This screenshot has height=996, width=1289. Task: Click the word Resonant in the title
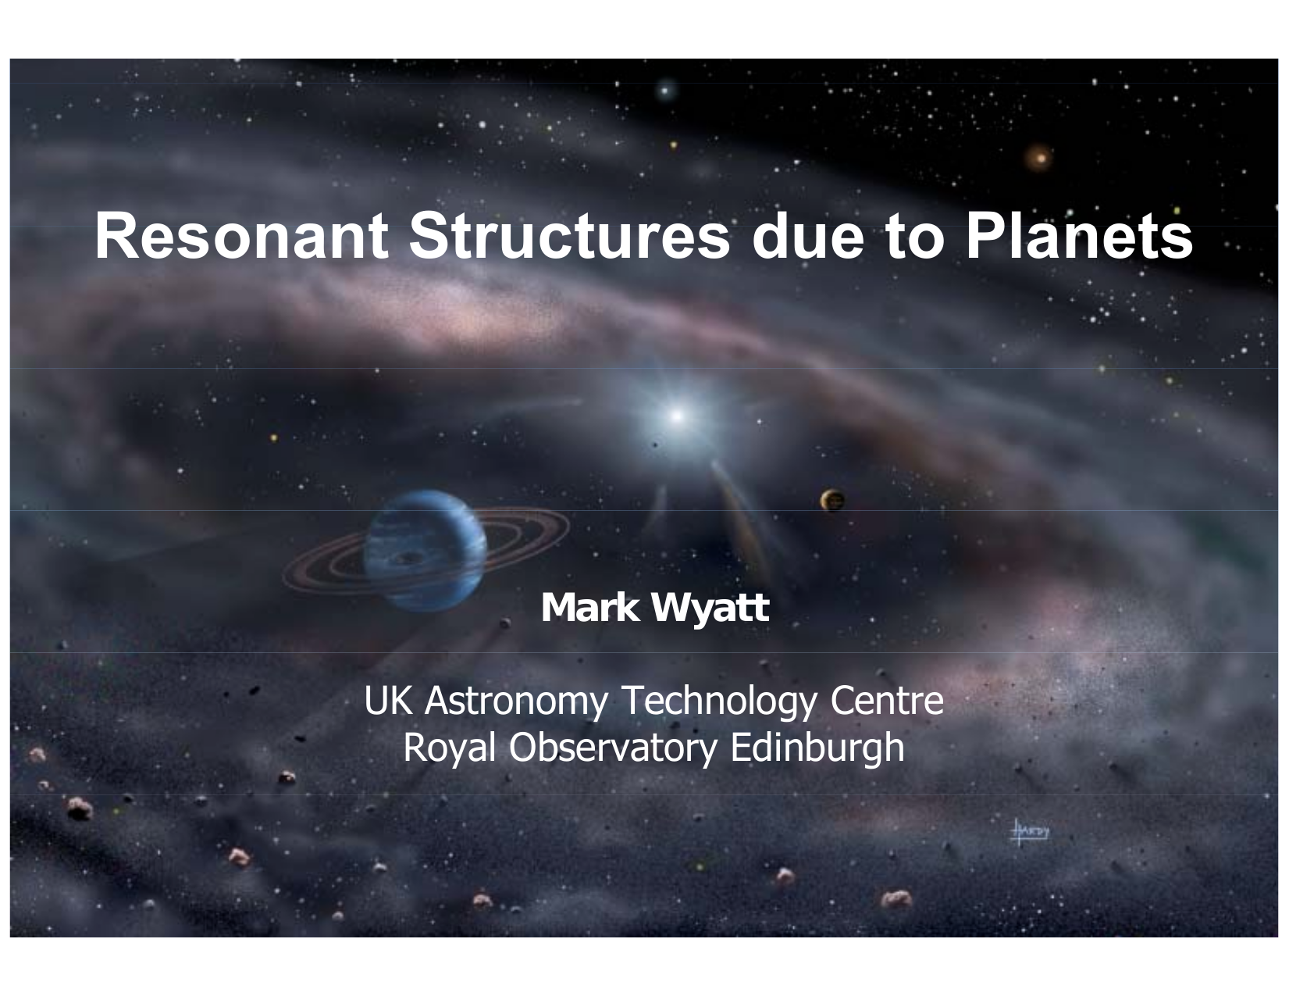241,236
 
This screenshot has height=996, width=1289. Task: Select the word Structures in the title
570,236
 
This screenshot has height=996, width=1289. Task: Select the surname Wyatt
710,609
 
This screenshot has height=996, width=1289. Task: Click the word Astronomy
517,702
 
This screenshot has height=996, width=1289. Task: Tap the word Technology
719,702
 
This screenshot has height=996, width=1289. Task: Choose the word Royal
450,748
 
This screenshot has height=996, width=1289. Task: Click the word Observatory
614,748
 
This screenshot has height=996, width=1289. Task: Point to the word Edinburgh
817,748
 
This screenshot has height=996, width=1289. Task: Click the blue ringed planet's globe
425,551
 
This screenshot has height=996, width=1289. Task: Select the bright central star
677,416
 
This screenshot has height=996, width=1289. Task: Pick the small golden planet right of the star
833,501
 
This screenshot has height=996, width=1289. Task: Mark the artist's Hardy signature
1029,832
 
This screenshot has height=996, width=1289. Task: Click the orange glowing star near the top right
1039,159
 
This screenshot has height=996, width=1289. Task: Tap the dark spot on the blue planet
408,558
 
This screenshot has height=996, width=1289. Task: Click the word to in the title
915,237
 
